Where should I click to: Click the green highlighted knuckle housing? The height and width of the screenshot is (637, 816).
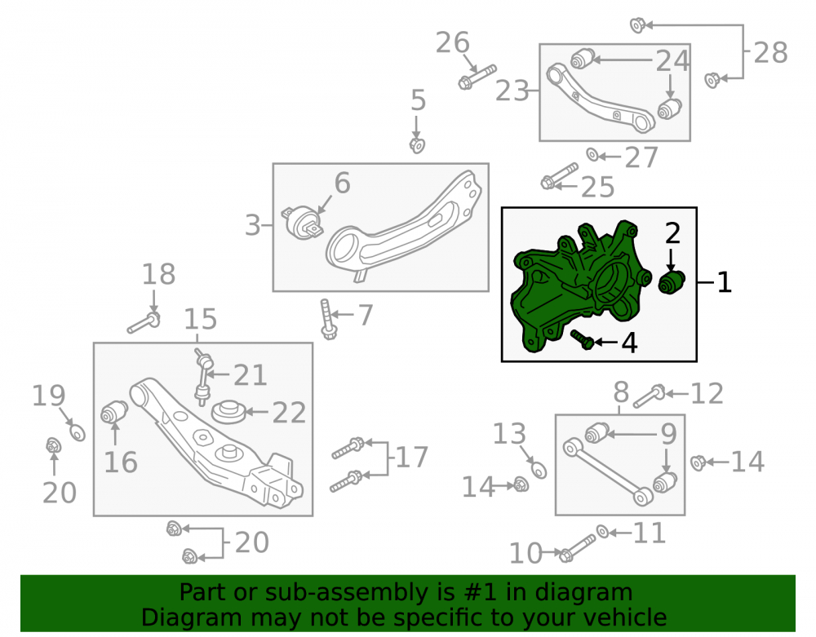573,286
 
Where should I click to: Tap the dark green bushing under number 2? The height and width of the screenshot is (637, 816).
672,282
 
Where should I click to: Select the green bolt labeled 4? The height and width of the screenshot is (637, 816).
583,339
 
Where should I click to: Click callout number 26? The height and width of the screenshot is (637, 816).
452,42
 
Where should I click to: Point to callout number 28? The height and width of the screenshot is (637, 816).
770,52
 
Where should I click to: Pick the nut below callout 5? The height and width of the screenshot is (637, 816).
417,145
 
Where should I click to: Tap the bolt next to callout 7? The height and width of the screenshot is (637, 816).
327,319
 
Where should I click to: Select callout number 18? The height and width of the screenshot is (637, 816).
159,274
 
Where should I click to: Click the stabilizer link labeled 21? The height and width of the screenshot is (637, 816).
203,377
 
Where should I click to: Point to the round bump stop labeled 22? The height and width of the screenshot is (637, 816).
228,412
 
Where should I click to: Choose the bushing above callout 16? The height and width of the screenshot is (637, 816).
114,412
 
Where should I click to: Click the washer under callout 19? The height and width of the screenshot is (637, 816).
78,432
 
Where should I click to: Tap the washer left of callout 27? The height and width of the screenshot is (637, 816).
592,154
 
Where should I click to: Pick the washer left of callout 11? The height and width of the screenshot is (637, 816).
603,532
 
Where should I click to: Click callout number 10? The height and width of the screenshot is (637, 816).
526,553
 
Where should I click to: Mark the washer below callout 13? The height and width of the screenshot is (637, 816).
539,471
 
